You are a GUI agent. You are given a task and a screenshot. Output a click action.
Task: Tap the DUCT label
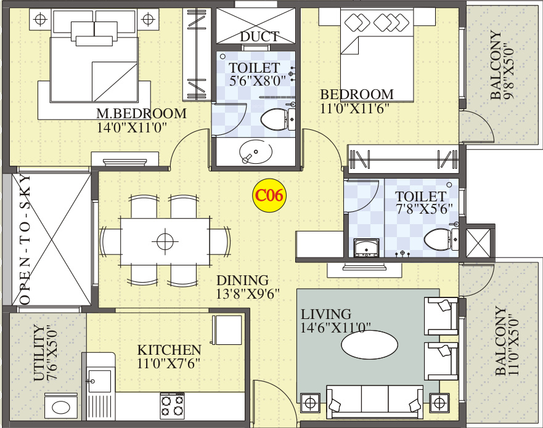[259, 37]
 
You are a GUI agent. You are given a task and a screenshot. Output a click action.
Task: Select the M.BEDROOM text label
[141, 114]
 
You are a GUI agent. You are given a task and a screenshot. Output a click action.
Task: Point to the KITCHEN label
[169, 350]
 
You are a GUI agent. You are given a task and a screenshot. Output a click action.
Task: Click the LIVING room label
[326, 314]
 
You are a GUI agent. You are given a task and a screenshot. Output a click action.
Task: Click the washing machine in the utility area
[61, 407]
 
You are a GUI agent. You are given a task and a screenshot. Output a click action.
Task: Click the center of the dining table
[165, 241]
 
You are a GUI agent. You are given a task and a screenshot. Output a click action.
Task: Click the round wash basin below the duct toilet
[254, 151]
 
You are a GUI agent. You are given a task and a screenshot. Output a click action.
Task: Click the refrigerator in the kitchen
[227, 330]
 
